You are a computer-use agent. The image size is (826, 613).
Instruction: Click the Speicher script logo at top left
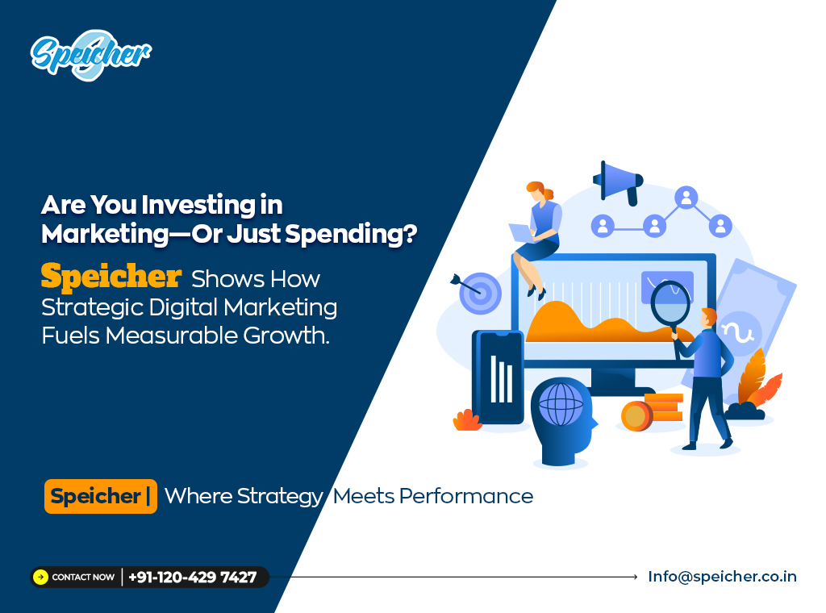[x=90, y=55]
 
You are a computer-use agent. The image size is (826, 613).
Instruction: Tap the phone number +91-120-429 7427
[x=192, y=578]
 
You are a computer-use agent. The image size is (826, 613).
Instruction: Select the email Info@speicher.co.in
[x=722, y=577]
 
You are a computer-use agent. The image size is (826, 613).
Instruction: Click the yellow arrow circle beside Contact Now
[x=40, y=578]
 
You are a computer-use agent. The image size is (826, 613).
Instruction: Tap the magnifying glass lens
[x=670, y=304]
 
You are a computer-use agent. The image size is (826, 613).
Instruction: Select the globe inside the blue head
[x=561, y=404]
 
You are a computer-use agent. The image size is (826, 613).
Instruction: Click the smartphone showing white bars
[x=498, y=377]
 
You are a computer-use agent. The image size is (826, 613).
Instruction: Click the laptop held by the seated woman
[x=523, y=233]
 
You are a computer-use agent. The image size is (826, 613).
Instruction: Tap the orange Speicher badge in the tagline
[x=101, y=496]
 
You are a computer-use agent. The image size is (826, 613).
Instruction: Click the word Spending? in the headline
[x=351, y=235]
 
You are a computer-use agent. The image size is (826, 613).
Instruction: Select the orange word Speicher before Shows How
[x=111, y=276]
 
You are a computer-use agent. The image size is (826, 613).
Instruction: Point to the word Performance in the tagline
[x=466, y=496]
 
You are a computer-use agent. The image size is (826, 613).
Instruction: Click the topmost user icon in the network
[x=686, y=198]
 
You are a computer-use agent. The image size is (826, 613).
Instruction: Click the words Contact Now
[x=83, y=578]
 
